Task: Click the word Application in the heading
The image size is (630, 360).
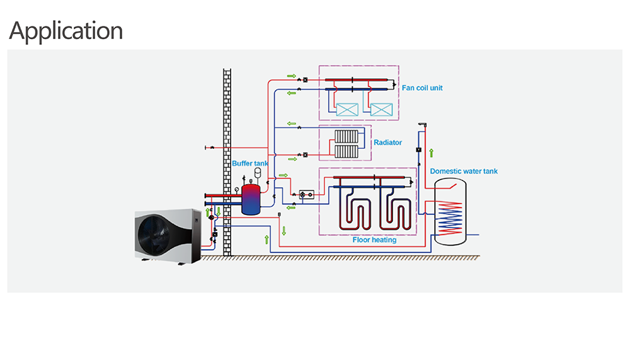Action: point(66,31)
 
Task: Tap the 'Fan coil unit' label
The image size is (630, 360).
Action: point(422,88)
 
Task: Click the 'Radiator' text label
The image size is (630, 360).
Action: point(387,142)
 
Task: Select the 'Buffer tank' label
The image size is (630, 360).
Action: point(250,163)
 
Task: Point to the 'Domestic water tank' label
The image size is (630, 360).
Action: point(464,171)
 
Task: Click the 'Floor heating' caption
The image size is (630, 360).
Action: point(374,240)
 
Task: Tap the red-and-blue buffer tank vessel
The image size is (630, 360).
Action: point(251,199)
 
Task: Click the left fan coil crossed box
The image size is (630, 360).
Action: point(347,110)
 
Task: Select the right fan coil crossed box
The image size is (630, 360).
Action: point(381,110)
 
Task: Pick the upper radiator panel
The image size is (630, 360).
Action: point(346,136)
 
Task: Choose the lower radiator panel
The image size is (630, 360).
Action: point(346,151)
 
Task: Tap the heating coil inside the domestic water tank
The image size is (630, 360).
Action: point(450,218)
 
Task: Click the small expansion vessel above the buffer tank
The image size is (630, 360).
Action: point(258,171)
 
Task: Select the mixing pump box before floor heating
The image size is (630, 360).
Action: point(307,195)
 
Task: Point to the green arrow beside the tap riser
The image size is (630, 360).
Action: point(431,153)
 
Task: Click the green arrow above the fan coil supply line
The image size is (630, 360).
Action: point(291,76)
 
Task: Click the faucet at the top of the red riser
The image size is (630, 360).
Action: point(422,125)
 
